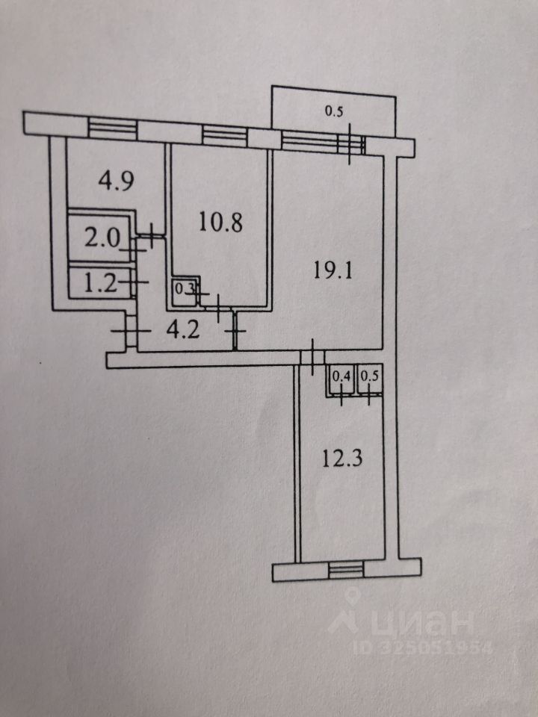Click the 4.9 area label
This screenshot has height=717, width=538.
pyautogui.click(x=117, y=181)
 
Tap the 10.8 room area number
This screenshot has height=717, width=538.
pyautogui.click(x=220, y=222)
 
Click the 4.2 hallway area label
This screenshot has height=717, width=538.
pyautogui.click(x=181, y=329)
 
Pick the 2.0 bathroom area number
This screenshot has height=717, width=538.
pyautogui.click(x=100, y=239)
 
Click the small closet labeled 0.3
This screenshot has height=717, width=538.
pyautogui.click(x=182, y=288)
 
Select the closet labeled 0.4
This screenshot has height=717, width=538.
pyautogui.click(x=341, y=378)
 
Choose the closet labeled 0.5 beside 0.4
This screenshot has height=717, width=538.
pyautogui.click(x=369, y=378)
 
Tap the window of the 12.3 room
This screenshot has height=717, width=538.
pyautogui.click(x=344, y=571)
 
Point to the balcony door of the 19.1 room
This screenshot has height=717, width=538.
pyautogui.click(x=352, y=143)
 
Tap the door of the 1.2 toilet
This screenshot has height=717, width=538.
pyautogui.click(x=136, y=281)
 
